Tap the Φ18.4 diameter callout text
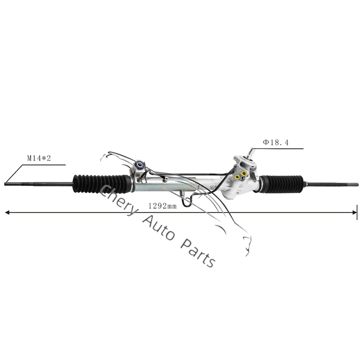click(276, 143)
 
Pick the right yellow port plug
click(244, 172)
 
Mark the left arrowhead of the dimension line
click(7, 211)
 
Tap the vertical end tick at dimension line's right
click(357, 211)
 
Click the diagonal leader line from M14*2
click(13, 174)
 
